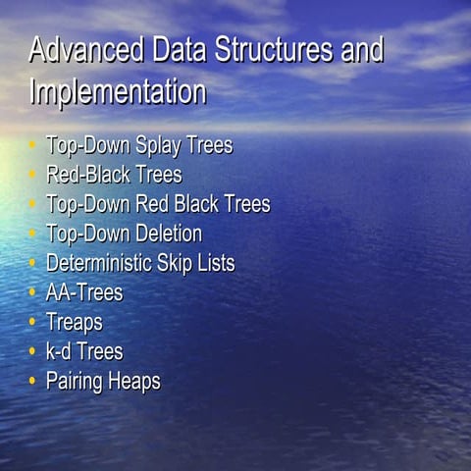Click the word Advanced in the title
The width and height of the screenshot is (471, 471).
point(87,50)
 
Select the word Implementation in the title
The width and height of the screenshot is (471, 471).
point(118,92)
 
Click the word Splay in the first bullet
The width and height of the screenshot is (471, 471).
point(160,146)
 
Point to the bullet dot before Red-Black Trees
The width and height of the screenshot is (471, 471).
point(31,176)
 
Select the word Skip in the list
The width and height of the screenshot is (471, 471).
point(176,264)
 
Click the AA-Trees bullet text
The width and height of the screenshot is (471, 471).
point(84,293)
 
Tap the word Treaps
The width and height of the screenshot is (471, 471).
point(75,323)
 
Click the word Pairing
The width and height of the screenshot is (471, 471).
point(77,382)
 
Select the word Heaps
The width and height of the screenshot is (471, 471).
point(135,382)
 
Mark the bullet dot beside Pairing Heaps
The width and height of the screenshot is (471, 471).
point(31,381)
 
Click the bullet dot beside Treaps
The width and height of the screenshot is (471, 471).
point(31,322)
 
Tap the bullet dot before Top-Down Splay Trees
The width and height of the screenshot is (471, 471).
point(31,146)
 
